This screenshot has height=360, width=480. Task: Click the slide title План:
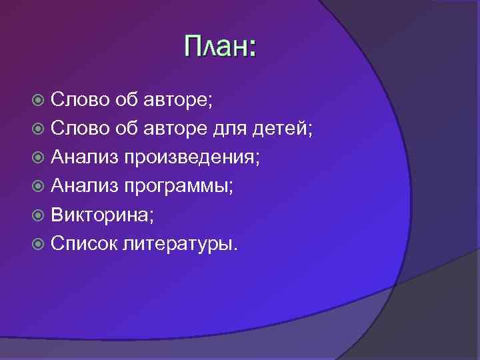pos(219,47)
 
